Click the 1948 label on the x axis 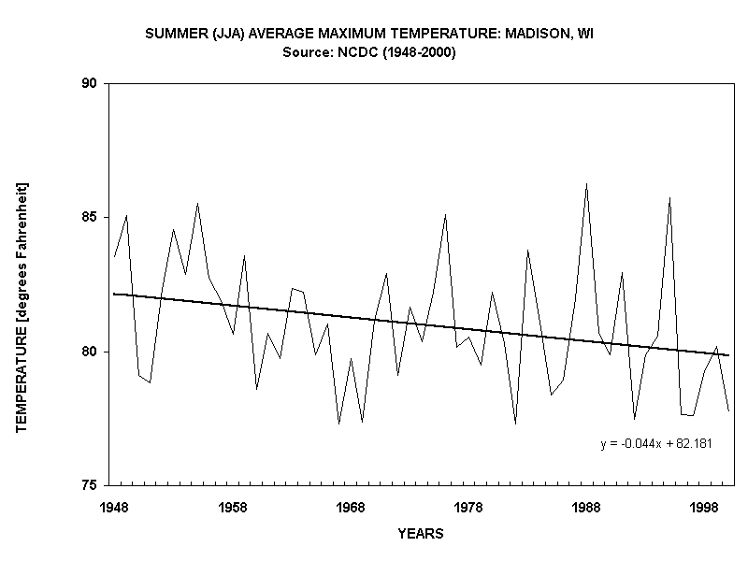tap(115, 507)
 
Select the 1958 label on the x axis tap(233, 507)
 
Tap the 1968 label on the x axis tap(351, 507)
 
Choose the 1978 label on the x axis tap(468, 507)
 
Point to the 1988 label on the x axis tap(586, 507)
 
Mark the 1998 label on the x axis tap(704, 507)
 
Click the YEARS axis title tap(420, 534)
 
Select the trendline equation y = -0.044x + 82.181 tap(656, 444)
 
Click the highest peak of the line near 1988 tap(586, 184)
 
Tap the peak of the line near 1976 tap(445, 214)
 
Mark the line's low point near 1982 tap(515, 424)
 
